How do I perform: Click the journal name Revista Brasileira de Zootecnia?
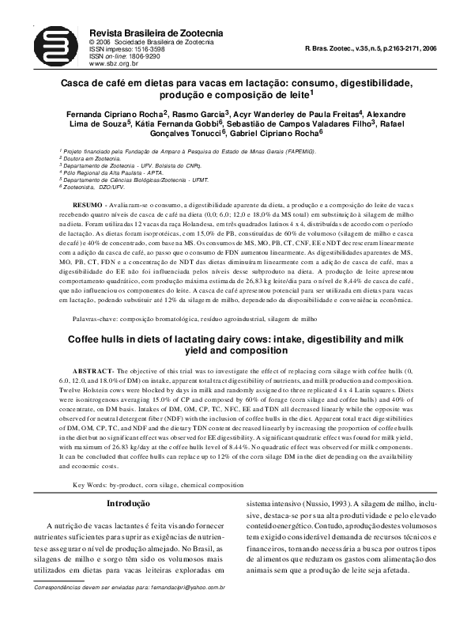(156, 31)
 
